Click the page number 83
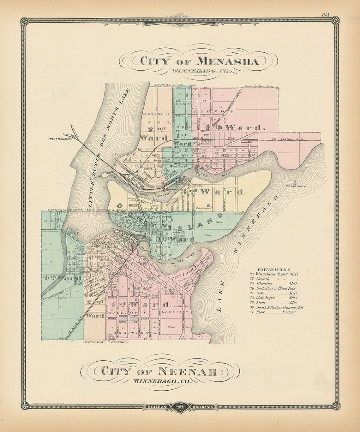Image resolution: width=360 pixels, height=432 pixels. click(x=326, y=15)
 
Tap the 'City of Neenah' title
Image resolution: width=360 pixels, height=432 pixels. click(x=159, y=371)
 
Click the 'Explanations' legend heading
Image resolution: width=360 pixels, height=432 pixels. click(x=274, y=269)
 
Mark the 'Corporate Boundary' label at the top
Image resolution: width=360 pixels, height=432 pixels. click(x=259, y=86)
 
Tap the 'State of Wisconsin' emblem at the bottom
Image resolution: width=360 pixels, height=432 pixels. click(x=180, y=406)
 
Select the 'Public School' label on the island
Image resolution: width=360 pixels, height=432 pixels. click(x=203, y=208)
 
